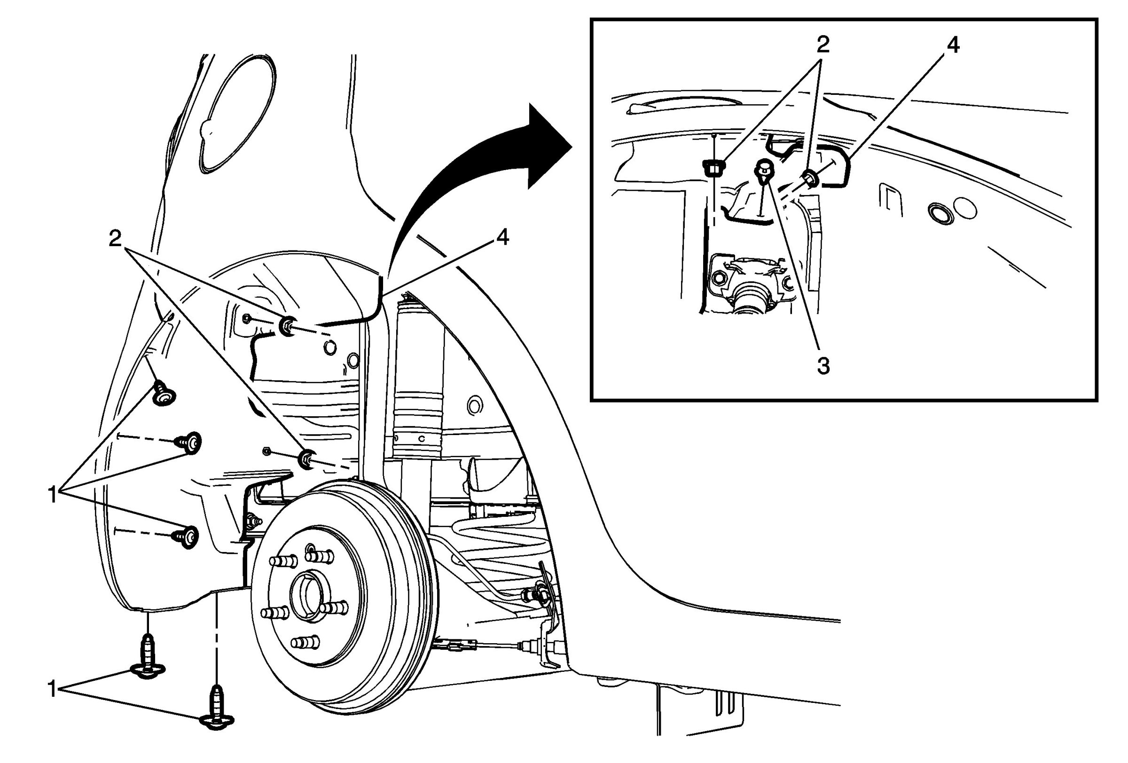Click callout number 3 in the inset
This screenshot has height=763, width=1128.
pyautogui.click(x=823, y=366)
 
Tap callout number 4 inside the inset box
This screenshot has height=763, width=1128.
pyautogui.click(x=952, y=46)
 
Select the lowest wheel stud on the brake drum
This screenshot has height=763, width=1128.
pyautogui.click(x=305, y=643)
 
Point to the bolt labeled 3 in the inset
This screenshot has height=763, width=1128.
pyautogui.click(x=762, y=169)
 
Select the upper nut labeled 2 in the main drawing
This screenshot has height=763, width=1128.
pyautogui.click(x=288, y=327)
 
